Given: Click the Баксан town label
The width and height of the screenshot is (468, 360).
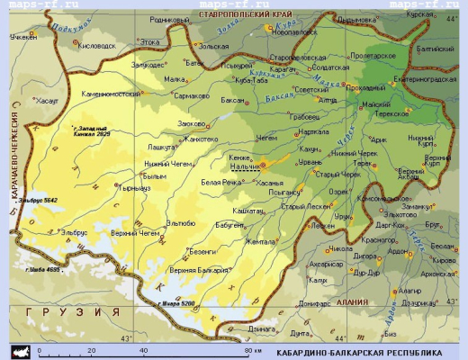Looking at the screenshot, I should pos(233,101).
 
